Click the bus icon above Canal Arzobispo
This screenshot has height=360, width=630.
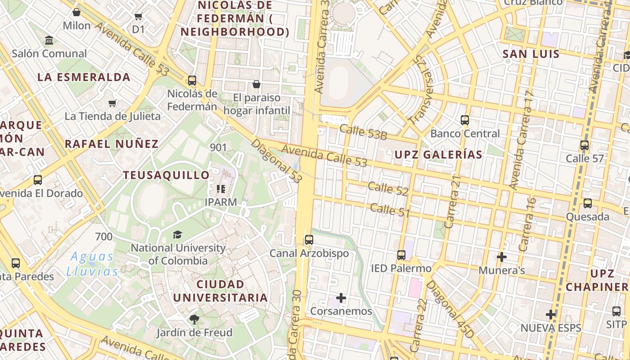pos(309,240)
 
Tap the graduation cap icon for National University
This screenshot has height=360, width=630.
pos(177,234)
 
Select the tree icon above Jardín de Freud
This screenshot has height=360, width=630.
pos(194,319)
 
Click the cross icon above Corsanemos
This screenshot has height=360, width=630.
pos(341,298)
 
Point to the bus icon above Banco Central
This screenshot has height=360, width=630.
pos(465,120)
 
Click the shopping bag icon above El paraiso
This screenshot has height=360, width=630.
pos(256,84)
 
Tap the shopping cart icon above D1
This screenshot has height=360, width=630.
pos(138,17)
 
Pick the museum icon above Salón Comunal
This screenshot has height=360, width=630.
pos(49,40)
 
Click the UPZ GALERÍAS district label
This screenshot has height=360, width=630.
pos(438,155)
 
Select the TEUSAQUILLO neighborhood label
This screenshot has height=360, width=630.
pos(166,175)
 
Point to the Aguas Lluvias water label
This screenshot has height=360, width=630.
pos(92,264)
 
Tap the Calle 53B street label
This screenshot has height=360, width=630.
pos(363,132)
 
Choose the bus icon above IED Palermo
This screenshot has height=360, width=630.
pos(401,255)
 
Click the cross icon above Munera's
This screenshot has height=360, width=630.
pos(502,257)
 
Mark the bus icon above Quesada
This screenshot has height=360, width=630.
pos(588,203)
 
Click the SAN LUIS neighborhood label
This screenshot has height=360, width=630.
pos(531,54)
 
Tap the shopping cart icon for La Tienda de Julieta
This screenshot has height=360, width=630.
pos(112,103)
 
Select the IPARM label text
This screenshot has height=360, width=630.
pos(220,202)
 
